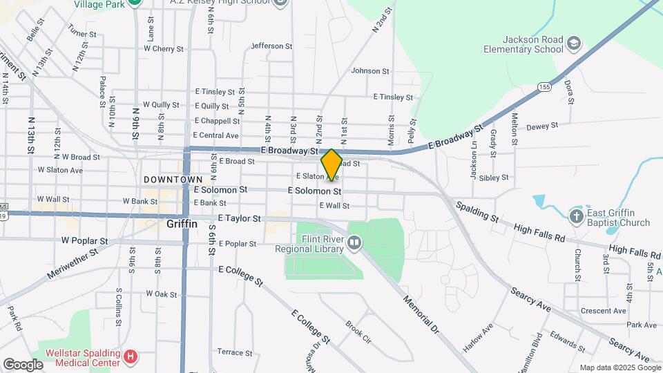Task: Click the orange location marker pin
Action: pyautogui.click(x=331, y=164)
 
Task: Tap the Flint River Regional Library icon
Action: pyautogui.click(x=354, y=242)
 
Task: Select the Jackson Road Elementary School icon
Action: pyautogui.click(x=574, y=46)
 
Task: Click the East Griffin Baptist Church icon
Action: pyautogui.click(x=577, y=217)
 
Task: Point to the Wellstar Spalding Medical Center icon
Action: pyautogui.click(x=131, y=357)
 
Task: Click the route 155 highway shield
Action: pyautogui.click(x=544, y=87)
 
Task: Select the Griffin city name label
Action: pyautogui.click(x=182, y=224)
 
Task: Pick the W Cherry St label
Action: pyautogui.click(x=164, y=49)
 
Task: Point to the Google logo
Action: pyautogui.click(x=23, y=364)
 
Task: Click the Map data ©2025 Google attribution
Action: pyautogui.click(x=619, y=367)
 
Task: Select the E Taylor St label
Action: pyautogui.click(x=239, y=218)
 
